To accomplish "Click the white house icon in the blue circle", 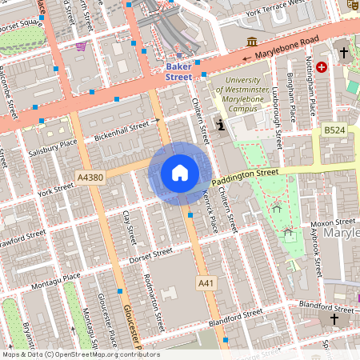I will coord(180,173).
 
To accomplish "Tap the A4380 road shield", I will coord(90,176).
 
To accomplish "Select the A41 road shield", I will coord(206,283).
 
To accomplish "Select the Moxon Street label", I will coord(334,222).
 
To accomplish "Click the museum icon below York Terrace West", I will coord(252,42).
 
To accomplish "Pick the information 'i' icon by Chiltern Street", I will coord(220,124).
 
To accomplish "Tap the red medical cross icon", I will coord(322,68).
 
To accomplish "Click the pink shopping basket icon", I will coord(81,46).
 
